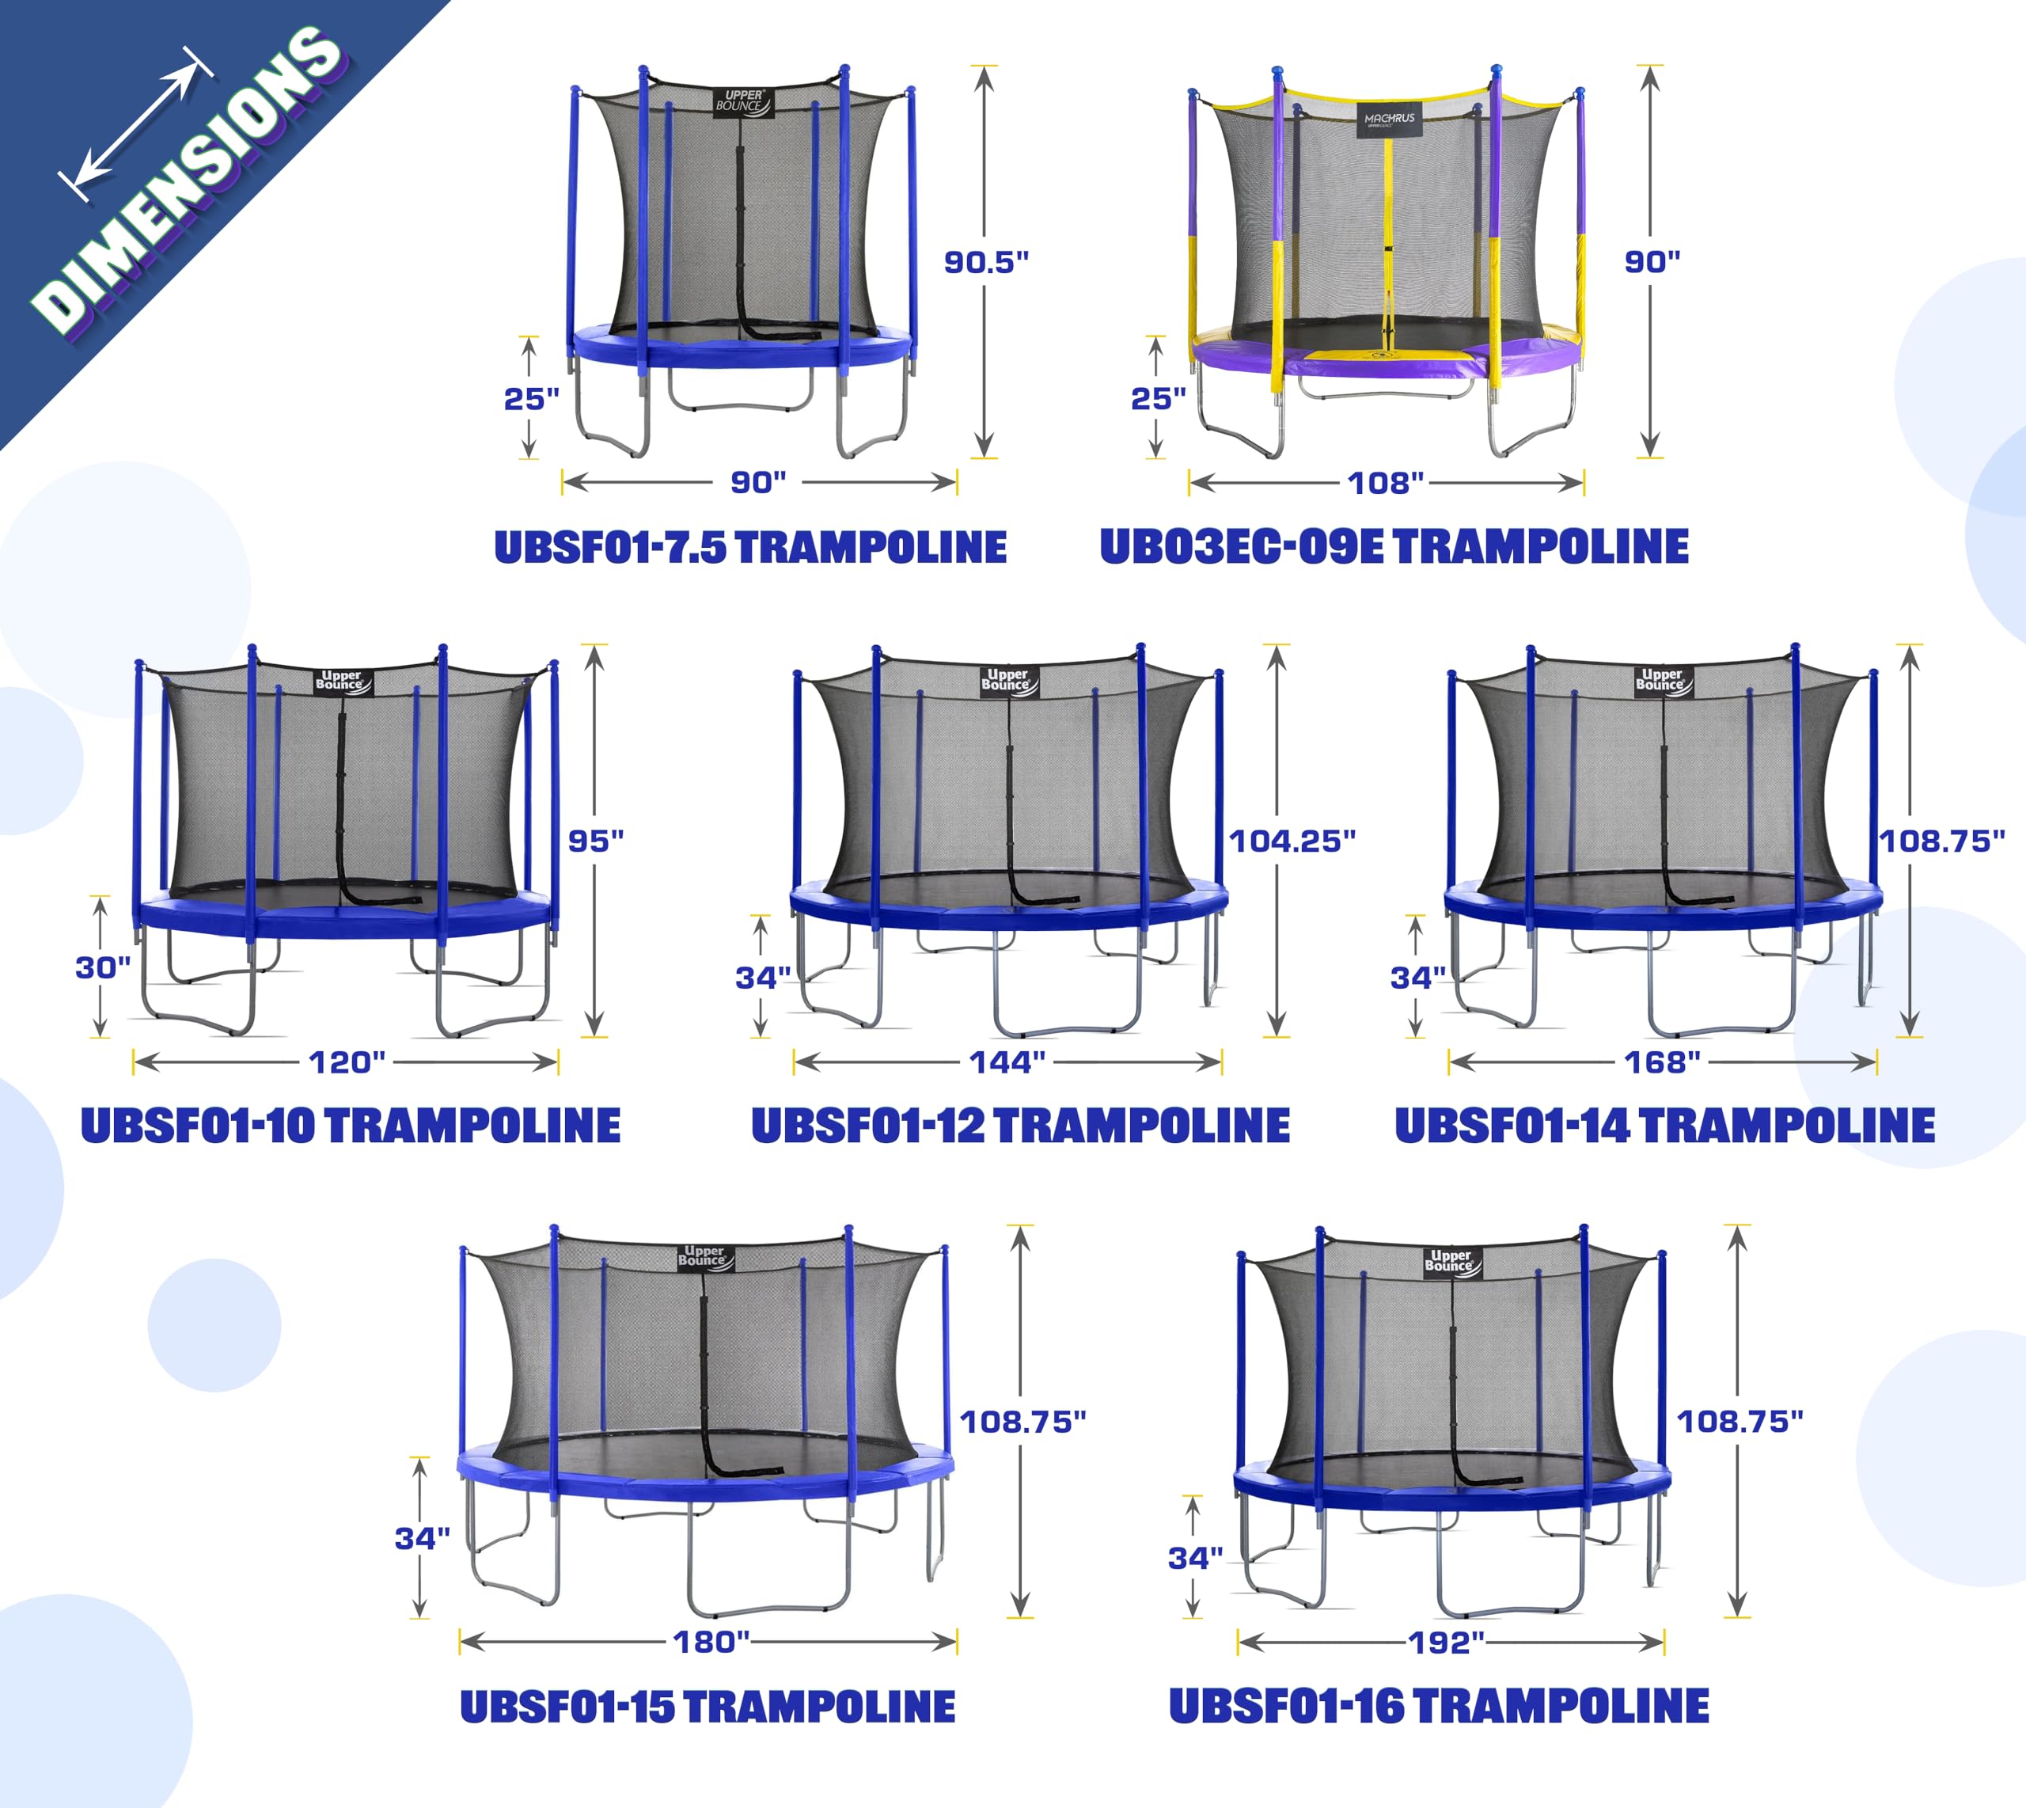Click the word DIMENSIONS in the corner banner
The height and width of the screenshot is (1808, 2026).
coord(188,179)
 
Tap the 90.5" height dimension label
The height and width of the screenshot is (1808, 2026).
coord(985,262)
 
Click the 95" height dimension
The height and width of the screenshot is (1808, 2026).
coord(596,841)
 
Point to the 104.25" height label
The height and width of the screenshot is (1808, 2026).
coord(1291,841)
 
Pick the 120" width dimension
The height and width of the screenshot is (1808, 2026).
coord(347,1063)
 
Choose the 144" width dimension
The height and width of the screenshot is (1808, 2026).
coord(1007,1063)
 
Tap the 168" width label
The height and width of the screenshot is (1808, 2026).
coord(1661,1063)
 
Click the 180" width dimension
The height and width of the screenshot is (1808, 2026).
coord(711,1642)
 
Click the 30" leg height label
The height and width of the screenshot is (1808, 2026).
coord(102,967)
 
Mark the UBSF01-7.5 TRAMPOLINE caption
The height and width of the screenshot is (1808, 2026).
coord(749,547)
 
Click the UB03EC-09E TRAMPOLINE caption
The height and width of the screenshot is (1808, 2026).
coord(1394,547)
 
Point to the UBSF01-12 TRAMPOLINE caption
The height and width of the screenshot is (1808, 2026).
coord(1020,1126)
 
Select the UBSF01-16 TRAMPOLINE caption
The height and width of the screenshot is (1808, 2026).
coord(1438,1706)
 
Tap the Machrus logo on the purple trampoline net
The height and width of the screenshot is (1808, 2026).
coord(1388,120)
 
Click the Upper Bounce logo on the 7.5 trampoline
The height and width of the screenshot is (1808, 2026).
coord(742,101)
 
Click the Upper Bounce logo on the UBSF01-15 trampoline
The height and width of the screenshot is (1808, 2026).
coord(704,1257)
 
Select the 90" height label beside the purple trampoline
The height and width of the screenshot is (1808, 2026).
coord(1652,262)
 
